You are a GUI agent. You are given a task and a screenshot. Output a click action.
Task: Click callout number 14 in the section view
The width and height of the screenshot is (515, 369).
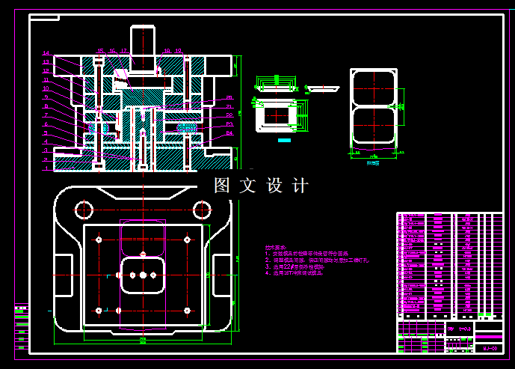(x=46, y=53)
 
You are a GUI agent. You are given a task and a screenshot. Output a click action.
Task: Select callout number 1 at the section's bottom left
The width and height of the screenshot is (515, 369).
(x=46, y=168)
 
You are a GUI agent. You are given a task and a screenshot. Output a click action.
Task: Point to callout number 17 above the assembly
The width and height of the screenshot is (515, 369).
(x=124, y=52)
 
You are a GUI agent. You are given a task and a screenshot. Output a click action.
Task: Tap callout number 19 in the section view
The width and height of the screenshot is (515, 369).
(x=179, y=52)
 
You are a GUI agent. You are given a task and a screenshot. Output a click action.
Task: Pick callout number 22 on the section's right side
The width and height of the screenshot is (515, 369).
(x=229, y=115)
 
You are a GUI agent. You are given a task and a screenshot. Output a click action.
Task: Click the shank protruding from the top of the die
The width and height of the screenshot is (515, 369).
(x=143, y=40)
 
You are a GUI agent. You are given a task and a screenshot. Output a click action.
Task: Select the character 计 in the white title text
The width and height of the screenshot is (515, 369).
(x=299, y=186)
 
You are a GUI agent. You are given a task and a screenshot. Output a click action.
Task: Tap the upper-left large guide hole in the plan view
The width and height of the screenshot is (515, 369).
(x=83, y=207)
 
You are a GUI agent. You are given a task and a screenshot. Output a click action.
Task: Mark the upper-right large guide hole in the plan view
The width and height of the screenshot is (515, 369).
(x=201, y=207)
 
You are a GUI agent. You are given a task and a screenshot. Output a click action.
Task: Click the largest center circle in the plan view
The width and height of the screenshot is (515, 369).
(x=142, y=275)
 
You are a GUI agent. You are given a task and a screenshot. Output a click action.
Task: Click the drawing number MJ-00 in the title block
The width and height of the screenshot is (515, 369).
(x=490, y=348)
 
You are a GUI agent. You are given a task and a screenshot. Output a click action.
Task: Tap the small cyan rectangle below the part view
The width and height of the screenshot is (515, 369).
(x=284, y=140)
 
